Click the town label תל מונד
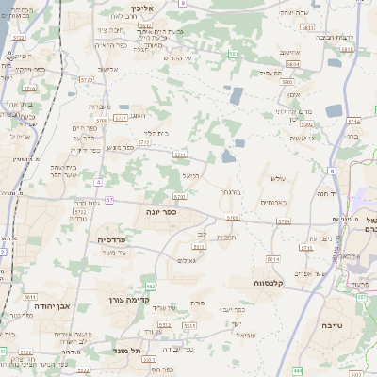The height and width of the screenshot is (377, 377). pyautogui.click(x=124, y=349)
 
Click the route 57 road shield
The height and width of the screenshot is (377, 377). pyautogui.click(x=109, y=200)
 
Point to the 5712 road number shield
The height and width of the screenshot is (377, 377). pyautogui.click(x=143, y=143)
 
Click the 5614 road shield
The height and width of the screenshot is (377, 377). pyautogui.click(x=273, y=257)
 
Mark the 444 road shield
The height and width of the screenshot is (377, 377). pyautogui.click(x=298, y=371)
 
